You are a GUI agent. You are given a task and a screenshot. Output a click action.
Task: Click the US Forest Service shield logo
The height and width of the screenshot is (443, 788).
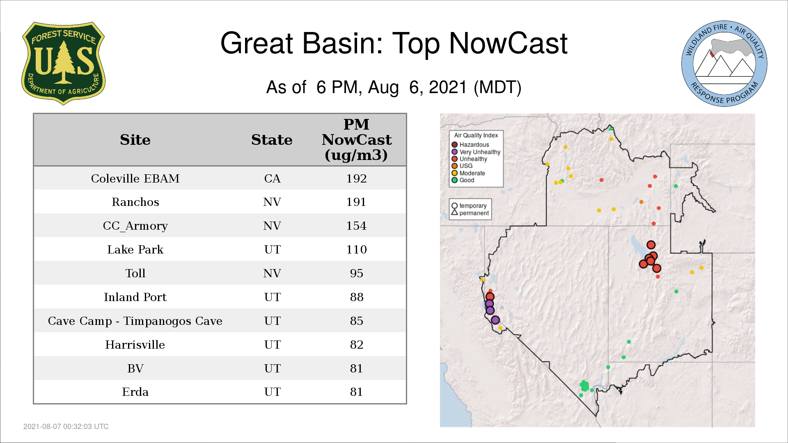coord(63,63)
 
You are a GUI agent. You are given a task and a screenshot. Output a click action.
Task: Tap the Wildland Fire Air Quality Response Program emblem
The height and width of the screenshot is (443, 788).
coord(724,64)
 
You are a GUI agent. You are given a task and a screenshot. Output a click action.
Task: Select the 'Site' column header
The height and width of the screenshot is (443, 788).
coord(135,140)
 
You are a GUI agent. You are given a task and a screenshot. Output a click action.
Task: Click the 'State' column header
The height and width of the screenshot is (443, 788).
coord(272,140)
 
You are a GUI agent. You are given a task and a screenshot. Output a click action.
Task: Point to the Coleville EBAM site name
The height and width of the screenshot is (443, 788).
coord(135,178)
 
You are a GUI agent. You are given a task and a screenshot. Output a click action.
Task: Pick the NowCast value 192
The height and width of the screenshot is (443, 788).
coord(356,178)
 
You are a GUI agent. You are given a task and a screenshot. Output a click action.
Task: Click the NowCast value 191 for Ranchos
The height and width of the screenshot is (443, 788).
coord(356,202)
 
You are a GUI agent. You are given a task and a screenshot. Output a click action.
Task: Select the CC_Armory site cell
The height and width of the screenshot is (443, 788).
coord(135,226)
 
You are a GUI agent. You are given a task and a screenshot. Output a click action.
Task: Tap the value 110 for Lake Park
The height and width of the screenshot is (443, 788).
coord(356,249)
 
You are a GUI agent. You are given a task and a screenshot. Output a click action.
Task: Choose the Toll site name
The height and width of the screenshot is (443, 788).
coord(135,273)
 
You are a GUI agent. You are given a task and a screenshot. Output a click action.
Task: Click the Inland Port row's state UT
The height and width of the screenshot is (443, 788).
coord(273,297)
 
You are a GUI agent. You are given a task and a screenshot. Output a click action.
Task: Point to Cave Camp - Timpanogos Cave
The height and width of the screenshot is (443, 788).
coord(135,321)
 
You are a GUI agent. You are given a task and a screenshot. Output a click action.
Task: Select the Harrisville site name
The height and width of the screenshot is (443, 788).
coord(135,345)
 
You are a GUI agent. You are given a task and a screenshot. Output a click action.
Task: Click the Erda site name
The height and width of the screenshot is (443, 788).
coord(135,392)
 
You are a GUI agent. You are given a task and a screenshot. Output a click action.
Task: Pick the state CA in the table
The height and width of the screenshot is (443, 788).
coord(273,178)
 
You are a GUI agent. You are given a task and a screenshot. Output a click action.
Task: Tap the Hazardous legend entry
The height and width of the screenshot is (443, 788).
coord(470,145)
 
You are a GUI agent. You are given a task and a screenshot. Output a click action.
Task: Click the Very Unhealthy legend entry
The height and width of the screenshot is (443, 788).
coord(476,152)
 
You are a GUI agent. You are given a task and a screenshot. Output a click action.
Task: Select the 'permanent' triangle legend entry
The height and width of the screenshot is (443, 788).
coord(470,213)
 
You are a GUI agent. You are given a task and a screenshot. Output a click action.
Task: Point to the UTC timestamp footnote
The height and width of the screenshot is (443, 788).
coord(66,427)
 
